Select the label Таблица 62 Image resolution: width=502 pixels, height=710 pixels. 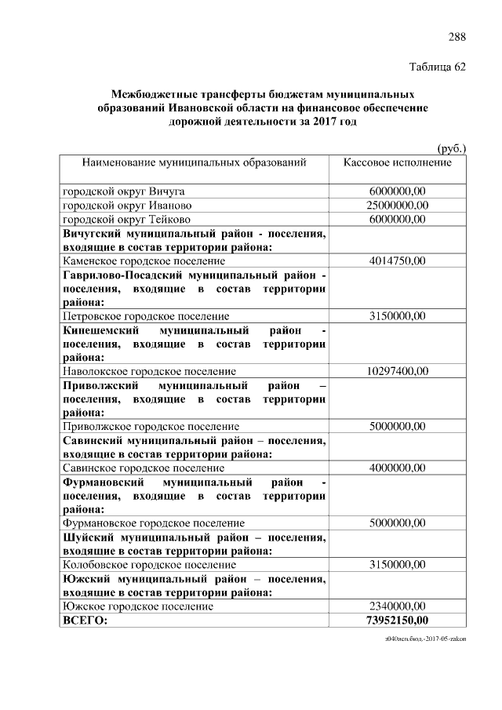(x=438, y=67)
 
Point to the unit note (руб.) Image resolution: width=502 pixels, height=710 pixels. (x=451, y=147)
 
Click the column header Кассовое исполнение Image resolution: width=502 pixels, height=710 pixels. (x=397, y=162)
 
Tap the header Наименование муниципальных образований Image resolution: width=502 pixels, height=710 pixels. (x=194, y=162)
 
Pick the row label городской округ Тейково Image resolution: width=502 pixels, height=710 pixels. (x=126, y=219)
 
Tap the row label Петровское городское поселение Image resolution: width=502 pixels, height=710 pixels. (x=146, y=316)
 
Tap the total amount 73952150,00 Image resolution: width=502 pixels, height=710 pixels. (x=397, y=621)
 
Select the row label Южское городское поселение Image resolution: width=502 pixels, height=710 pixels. (x=137, y=606)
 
